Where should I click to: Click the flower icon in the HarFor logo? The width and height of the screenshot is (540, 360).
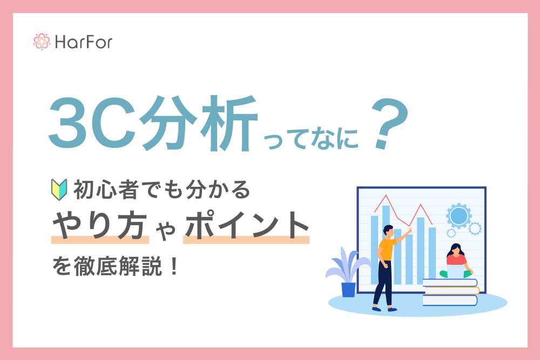tap(42, 42)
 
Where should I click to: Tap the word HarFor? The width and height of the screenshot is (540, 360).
tap(84, 42)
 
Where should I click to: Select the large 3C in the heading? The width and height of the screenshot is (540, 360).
tap(92, 123)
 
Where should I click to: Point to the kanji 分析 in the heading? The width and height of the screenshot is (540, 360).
tap(199, 123)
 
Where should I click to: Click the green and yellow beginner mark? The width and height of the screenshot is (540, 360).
tap(59, 189)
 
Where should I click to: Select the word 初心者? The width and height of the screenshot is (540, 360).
tap(106, 189)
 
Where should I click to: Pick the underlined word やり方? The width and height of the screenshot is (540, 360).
tap(100, 225)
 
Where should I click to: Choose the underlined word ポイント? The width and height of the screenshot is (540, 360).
tap(247, 225)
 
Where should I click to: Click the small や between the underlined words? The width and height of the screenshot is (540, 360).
tap(166, 230)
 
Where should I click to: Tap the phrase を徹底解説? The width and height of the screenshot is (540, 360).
tap(107, 267)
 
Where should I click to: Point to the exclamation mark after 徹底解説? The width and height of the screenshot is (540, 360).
tap(174, 267)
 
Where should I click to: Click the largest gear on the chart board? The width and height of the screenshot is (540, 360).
tap(458, 216)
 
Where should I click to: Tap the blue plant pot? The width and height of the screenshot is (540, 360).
tap(348, 289)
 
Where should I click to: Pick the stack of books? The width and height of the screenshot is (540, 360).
tap(451, 292)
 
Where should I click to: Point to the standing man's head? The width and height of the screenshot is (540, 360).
tap(388, 231)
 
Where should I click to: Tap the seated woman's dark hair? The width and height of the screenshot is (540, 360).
tap(455, 250)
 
